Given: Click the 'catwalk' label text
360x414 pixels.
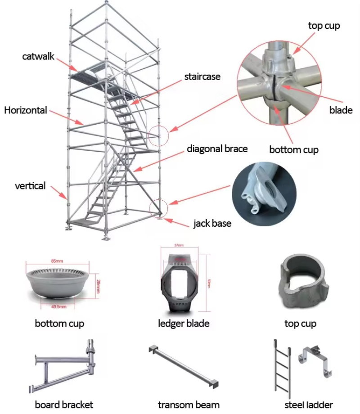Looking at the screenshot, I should click(x=39, y=56).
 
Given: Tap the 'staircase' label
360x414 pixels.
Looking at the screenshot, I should click(x=202, y=76).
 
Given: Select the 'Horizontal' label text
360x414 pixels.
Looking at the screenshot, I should click(x=25, y=110).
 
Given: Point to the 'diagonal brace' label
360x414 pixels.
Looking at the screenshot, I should click(x=217, y=148).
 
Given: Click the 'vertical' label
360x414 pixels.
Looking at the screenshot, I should click(x=30, y=185).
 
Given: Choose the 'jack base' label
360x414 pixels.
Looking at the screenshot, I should click(x=212, y=223).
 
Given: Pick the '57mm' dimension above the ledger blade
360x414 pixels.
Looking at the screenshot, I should click(x=179, y=245).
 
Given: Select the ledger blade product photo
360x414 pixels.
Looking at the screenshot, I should click(x=179, y=281).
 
